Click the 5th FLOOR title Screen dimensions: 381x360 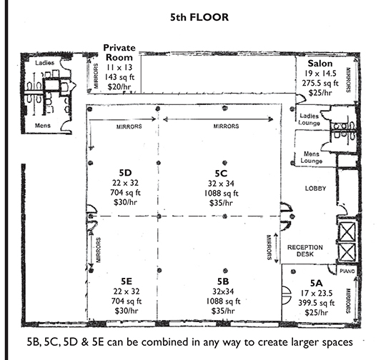coord(199,17)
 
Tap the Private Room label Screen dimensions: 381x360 coord(119,52)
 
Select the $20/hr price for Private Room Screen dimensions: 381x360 coord(119,86)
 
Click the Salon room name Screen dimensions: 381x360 coord(320,64)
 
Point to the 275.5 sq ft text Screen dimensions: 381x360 coord(320,83)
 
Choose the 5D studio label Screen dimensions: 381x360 coord(125,173)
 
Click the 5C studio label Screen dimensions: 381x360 coord(221,174)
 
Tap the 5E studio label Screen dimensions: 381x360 coord(127,281)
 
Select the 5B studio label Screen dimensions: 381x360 coord(223,281)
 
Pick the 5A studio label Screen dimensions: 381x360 coord(317,283)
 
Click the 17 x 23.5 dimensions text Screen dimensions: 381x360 coord(317,294)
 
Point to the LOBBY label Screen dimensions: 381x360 coord(315,189)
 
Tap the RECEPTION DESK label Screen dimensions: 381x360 coord(305,251)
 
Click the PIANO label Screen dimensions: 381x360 coord(347,271)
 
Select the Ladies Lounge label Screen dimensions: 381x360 coord(309,119)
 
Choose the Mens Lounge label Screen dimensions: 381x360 coord(311,157)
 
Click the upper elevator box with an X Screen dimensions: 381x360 coord(347,232)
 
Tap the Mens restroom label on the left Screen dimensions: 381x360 coord(43,126)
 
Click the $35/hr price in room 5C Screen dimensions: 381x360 coord(221,203)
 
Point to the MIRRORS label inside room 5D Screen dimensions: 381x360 coord(129,126)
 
